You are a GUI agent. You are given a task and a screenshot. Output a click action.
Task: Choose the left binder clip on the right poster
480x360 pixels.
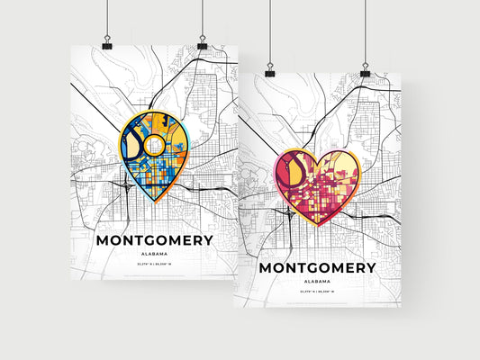(269, 71)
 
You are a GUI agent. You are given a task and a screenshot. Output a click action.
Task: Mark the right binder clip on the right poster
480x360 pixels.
(365, 70)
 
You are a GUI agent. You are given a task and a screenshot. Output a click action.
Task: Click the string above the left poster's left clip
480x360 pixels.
(107, 18)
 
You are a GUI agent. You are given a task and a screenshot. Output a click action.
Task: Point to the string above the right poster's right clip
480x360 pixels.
(365, 31)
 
